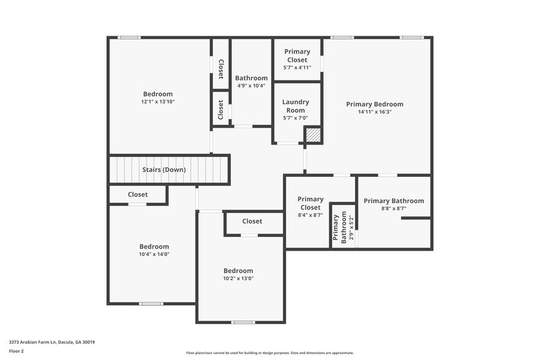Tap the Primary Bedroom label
(x=375, y=104)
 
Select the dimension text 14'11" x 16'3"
(x=375, y=112)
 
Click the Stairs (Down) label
(x=164, y=170)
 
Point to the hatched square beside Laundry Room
(x=313, y=134)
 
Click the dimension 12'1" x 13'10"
(x=157, y=102)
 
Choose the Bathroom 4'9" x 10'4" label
(x=251, y=81)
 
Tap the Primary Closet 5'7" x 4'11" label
(x=297, y=59)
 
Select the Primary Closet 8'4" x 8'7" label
(x=310, y=207)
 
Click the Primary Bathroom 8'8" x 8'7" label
(x=394, y=204)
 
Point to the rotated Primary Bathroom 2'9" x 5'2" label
(x=343, y=229)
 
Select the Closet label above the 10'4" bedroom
(x=138, y=195)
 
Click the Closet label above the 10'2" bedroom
(x=252, y=221)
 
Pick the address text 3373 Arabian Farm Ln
(x=51, y=342)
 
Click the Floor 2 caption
(x=16, y=351)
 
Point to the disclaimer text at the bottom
(x=269, y=353)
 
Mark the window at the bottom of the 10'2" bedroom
(x=242, y=322)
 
